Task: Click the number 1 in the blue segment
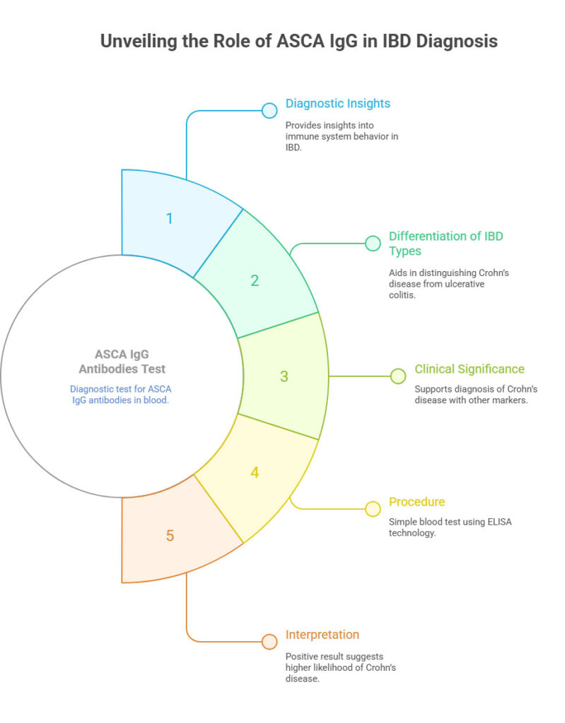click(169, 218)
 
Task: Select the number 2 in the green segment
click(255, 280)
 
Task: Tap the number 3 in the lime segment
click(284, 376)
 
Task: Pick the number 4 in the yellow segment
click(255, 472)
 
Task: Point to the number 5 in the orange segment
click(170, 535)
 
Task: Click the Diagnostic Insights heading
click(337, 103)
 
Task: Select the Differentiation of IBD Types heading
click(445, 244)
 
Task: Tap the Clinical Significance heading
click(469, 369)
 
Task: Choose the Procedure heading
click(417, 502)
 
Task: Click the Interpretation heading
click(322, 634)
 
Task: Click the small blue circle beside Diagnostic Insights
click(269, 110)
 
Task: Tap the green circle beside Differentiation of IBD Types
click(372, 244)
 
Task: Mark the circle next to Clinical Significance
click(398, 376)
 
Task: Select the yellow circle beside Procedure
click(372, 508)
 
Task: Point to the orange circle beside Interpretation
click(269, 641)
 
